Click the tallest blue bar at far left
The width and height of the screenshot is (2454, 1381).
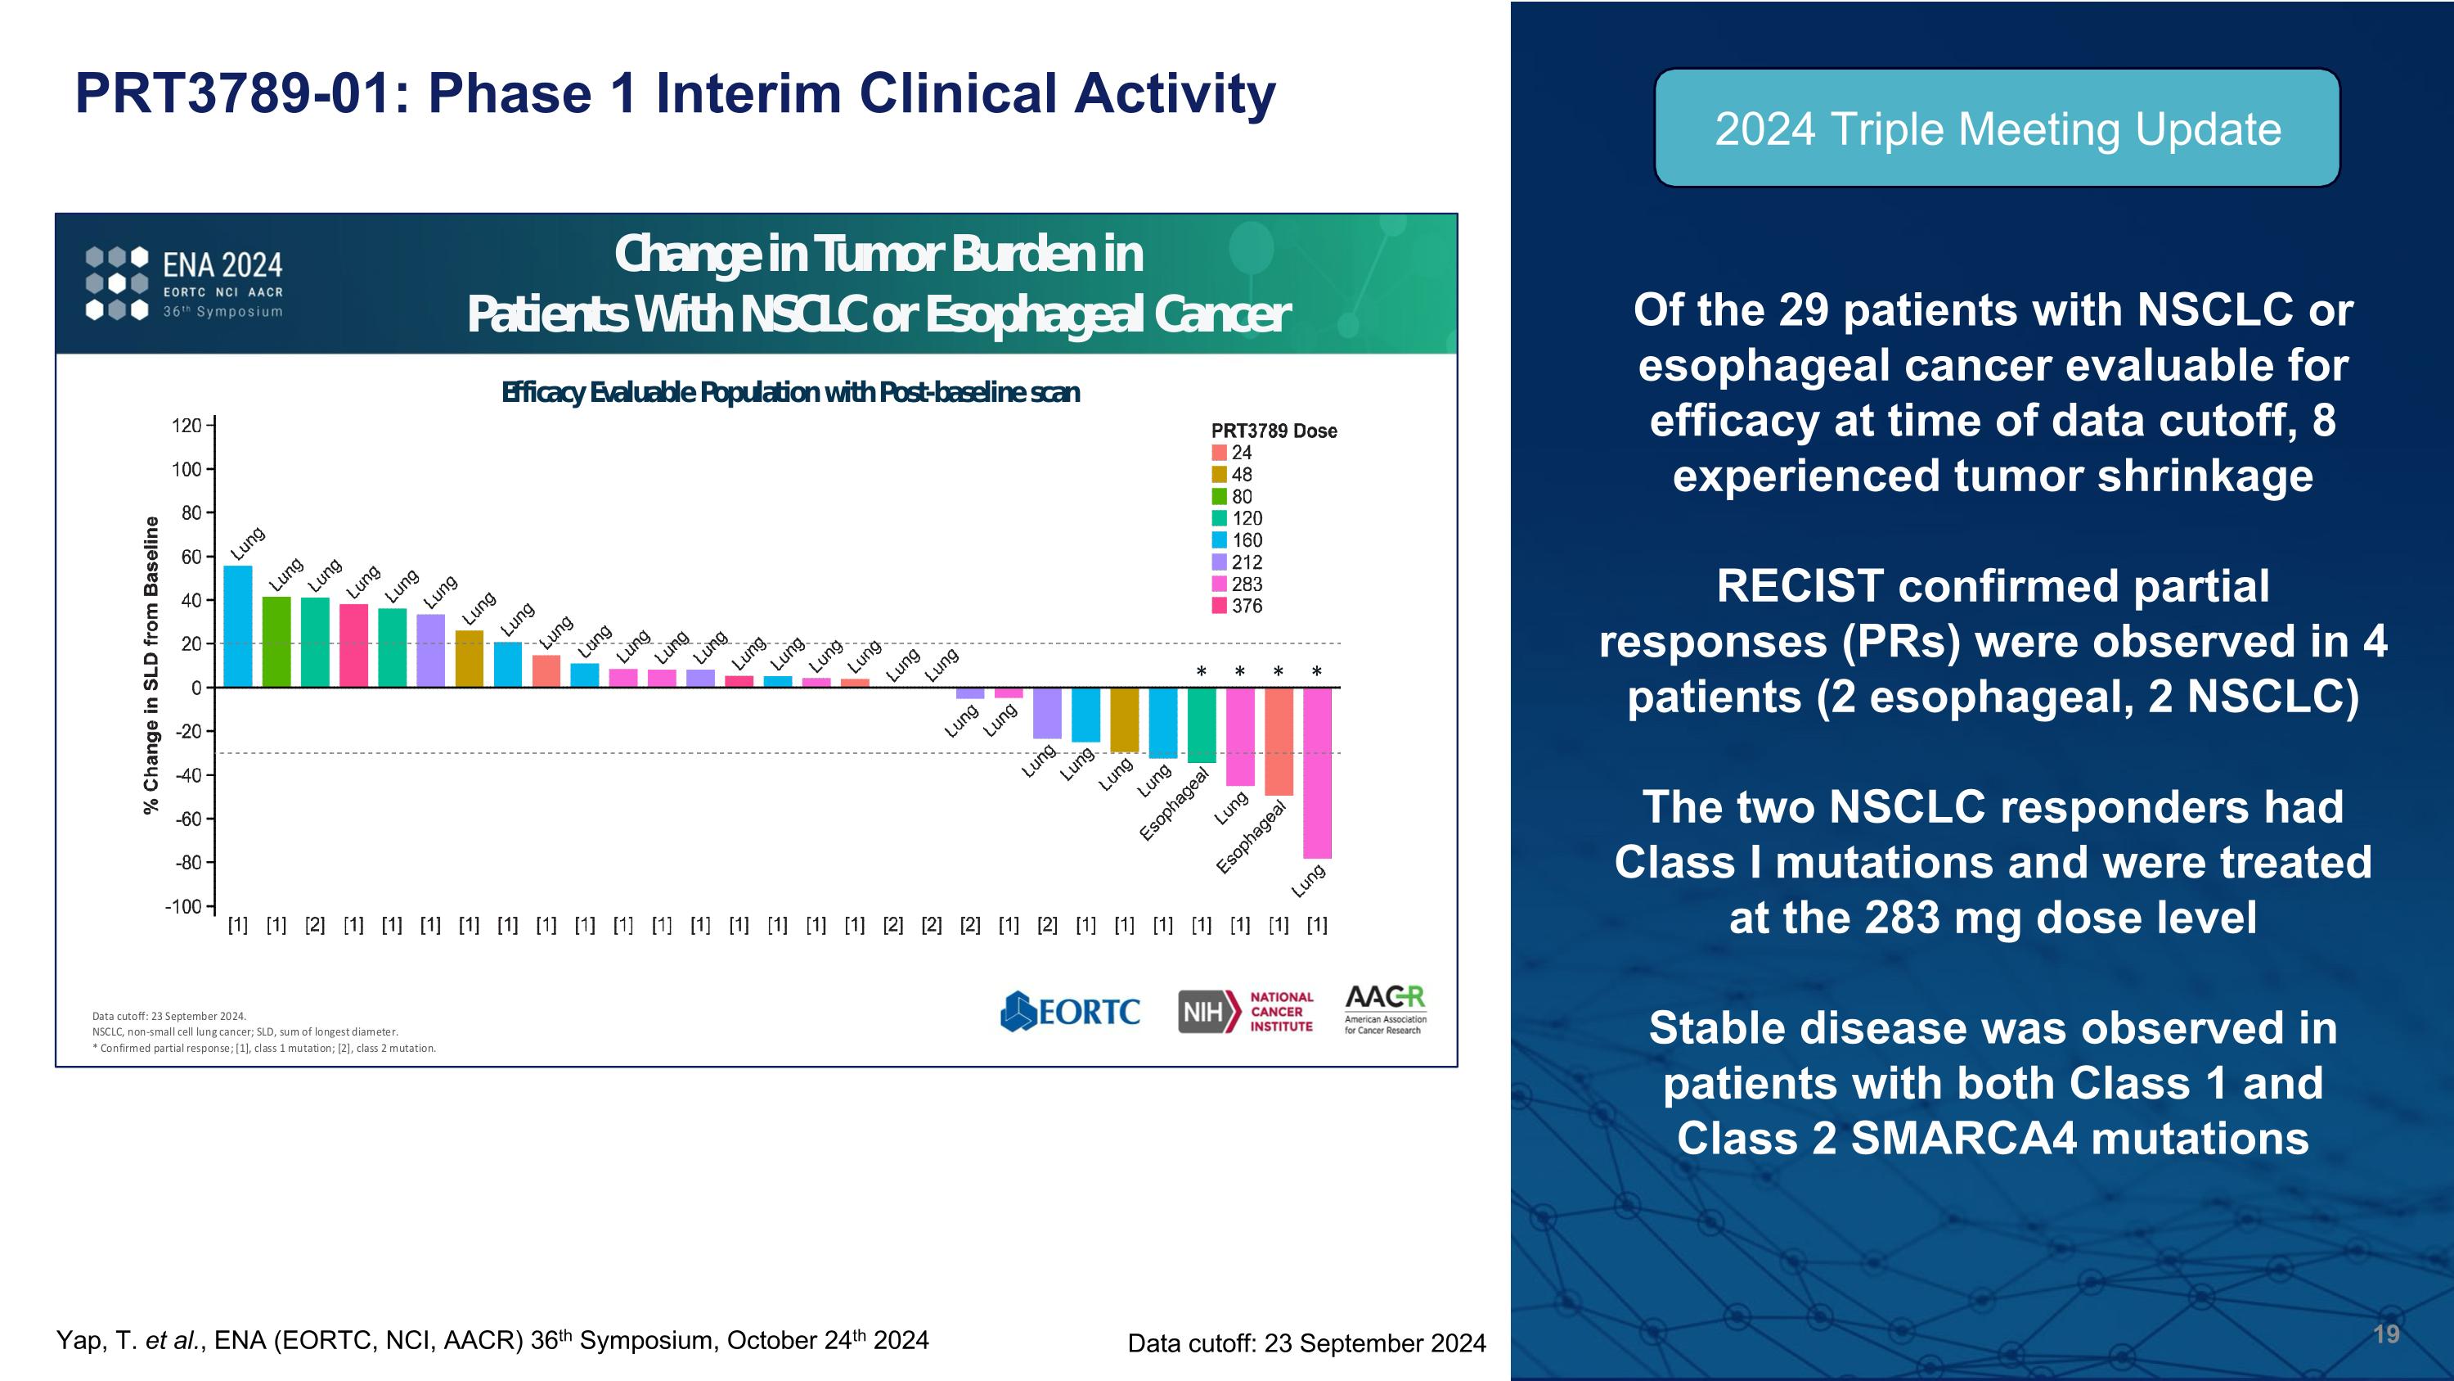[237, 626]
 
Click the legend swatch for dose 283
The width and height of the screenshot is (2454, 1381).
[1219, 584]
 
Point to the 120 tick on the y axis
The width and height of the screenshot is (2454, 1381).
[186, 425]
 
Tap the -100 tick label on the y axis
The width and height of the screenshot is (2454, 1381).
[183, 906]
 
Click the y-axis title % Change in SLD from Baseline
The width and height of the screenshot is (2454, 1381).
[151, 666]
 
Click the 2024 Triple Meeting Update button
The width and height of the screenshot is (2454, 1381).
[1997, 129]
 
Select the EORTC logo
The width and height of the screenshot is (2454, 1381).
[1070, 1011]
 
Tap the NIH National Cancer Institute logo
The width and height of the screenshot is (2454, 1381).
[1245, 1011]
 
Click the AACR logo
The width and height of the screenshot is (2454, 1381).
[1385, 1009]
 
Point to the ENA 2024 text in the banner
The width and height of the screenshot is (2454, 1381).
[223, 265]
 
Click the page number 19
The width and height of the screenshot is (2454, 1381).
[2385, 1334]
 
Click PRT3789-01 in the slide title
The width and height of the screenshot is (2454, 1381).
[232, 93]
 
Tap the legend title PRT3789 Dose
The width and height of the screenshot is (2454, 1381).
[1274, 431]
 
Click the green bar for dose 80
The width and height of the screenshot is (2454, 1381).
[276, 642]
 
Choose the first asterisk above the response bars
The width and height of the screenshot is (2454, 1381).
[1202, 672]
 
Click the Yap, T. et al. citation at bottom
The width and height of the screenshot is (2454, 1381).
[492, 1340]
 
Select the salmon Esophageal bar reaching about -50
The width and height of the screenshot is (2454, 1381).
[1279, 741]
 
